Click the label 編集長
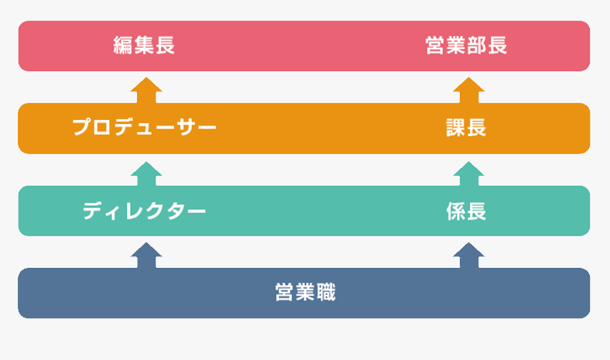pyautogui.click(x=144, y=45)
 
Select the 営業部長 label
pyautogui.click(x=466, y=45)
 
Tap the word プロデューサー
pyautogui.click(x=144, y=127)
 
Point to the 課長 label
pyautogui.click(x=466, y=128)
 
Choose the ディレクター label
pyautogui.click(x=144, y=211)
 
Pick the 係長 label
pyautogui.click(x=466, y=211)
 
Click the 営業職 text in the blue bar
pyautogui.click(x=305, y=293)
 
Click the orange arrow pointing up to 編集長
pyautogui.click(x=146, y=91)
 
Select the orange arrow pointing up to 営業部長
pyautogui.click(x=469, y=91)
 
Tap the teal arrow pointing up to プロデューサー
pyautogui.click(x=146, y=174)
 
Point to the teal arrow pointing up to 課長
pyautogui.click(x=469, y=174)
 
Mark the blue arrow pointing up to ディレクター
pyautogui.click(x=146, y=255)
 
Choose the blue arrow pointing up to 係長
pyautogui.click(x=469, y=255)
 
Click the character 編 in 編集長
pyautogui.click(x=122, y=45)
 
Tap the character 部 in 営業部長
pyautogui.click(x=477, y=45)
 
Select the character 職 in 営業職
pyautogui.click(x=326, y=293)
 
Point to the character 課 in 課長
pyautogui.click(x=455, y=128)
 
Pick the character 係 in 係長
pyautogui.click(x=455, y=211)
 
